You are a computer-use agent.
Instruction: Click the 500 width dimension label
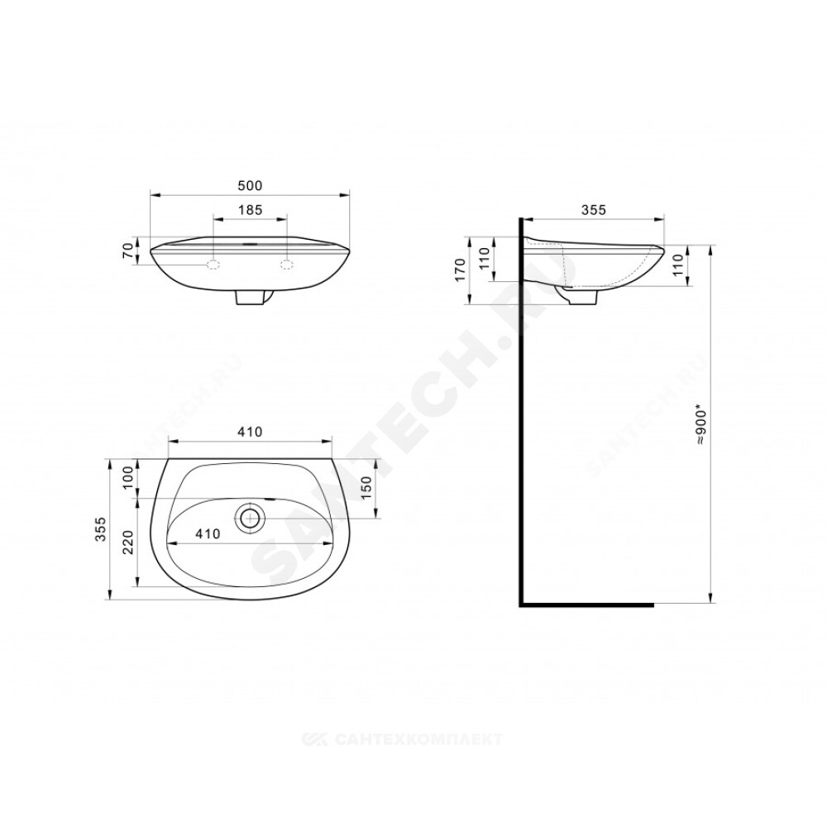click(250, 185)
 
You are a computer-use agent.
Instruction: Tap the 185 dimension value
click(250, 210)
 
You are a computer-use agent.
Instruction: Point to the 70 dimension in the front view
click(127, 251)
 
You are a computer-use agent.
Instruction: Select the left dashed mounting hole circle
click(213, 265)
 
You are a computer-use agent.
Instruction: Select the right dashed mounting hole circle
click(287, 265)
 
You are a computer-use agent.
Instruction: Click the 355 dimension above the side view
click(593, 209)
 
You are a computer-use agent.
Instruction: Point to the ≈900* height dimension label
click(702, 425)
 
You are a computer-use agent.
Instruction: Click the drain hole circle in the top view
click(250, 518)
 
